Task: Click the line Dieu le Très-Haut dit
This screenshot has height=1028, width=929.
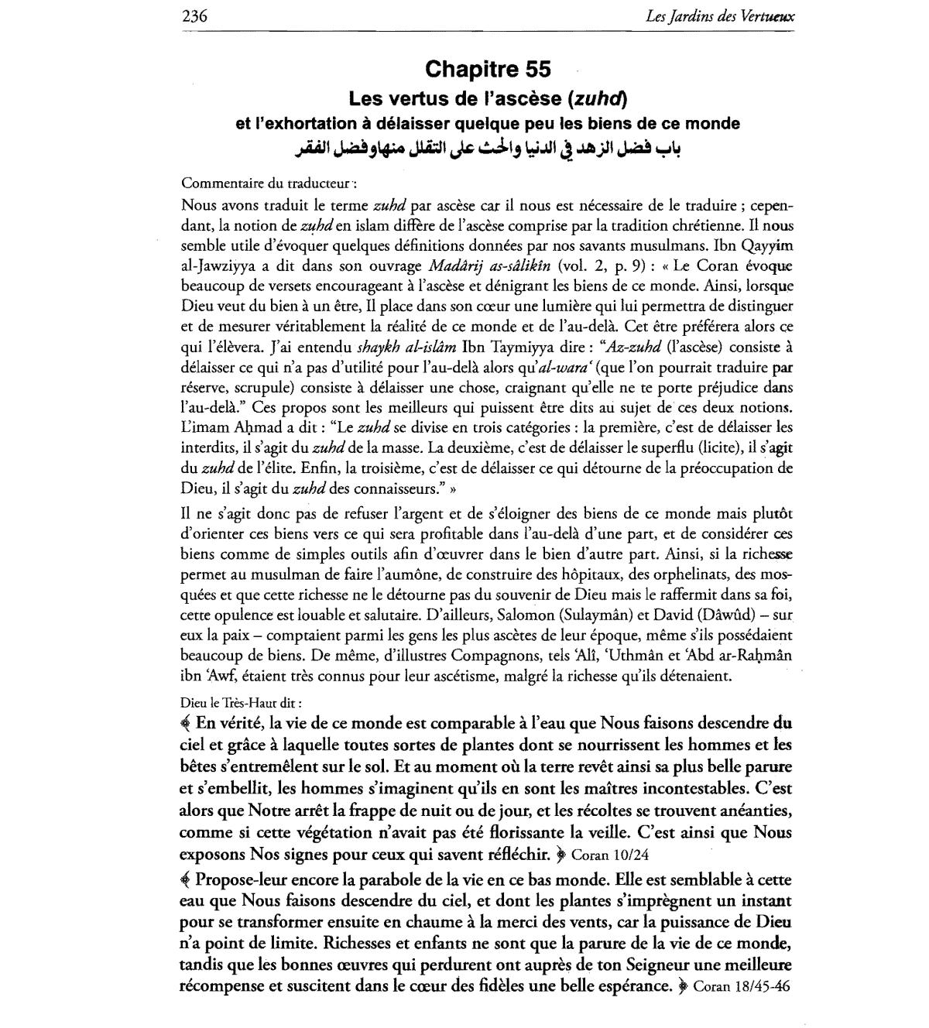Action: pyautogui.click(x=241, y=702)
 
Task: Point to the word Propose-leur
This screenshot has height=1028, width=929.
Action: pyautogui.click(x=240, y=880)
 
